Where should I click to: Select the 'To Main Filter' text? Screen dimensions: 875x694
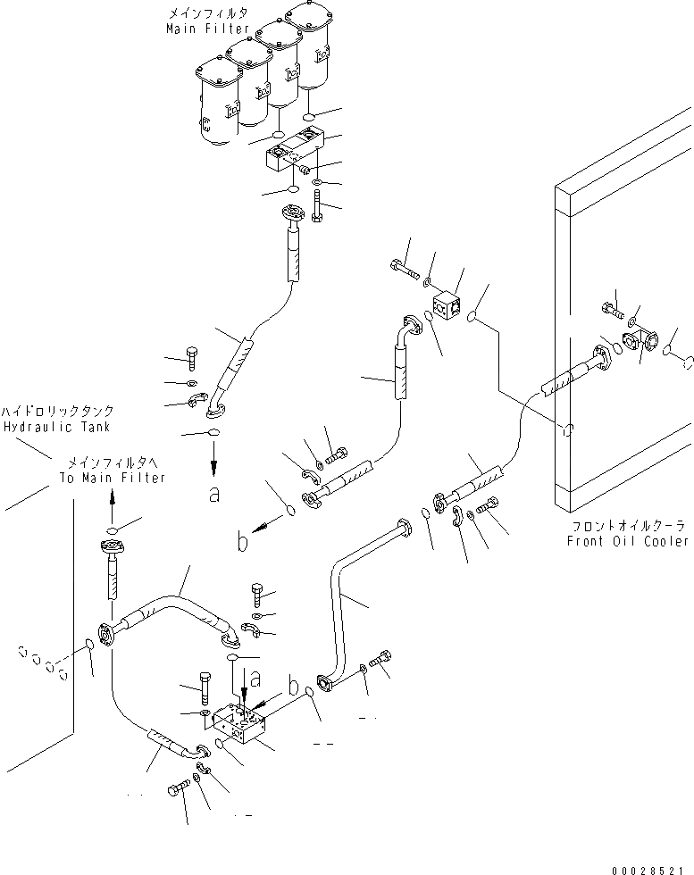[113, 478]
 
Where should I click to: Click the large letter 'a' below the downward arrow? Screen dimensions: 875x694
[214, 496]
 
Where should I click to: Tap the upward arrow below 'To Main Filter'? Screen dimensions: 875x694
[112, 502]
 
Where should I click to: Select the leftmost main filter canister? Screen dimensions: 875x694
[214, 103]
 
